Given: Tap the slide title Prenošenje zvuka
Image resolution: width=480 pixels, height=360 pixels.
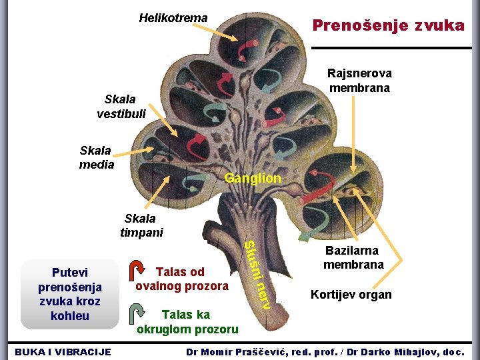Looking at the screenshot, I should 389,26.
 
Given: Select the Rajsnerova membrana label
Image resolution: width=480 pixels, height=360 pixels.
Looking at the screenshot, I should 359,80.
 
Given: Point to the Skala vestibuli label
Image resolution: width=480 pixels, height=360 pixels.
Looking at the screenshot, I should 121,106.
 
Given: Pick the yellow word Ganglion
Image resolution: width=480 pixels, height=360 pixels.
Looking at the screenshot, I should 253,179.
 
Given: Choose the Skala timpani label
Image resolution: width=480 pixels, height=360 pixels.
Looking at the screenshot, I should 141,225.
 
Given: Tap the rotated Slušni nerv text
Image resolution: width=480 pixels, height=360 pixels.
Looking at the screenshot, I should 256,275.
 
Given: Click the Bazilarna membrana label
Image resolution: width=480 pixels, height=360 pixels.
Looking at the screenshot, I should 353,257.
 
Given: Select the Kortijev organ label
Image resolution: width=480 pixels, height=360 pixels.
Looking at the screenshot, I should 351,295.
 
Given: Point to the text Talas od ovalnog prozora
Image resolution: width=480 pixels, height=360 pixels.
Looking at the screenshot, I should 181,279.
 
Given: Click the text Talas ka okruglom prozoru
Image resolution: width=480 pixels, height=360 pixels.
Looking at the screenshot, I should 187,321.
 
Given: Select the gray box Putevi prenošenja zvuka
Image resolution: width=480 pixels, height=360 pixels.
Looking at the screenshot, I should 70,293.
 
